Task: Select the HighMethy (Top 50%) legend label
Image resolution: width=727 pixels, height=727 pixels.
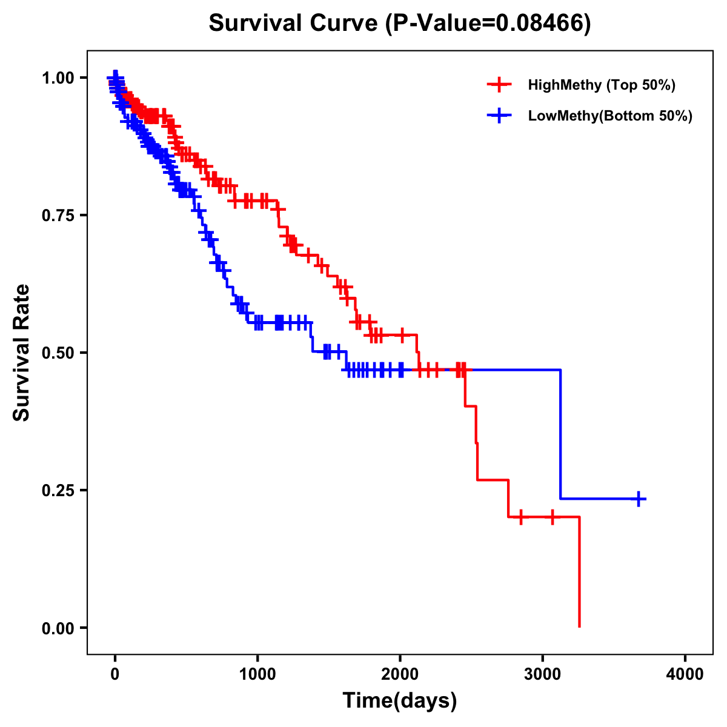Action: click(601, 85)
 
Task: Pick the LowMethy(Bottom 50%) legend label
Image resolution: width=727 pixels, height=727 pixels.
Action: click(609, 116)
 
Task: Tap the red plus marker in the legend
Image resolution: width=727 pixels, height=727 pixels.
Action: click(499, 85)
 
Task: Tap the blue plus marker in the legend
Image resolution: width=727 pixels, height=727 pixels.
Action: click(499, 116)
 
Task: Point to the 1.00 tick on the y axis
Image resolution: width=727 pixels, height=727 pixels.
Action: click(58, 78)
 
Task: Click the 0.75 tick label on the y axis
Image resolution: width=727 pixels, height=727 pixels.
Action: click(58, 216)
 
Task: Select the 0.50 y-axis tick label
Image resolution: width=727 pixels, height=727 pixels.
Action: click(58, 353)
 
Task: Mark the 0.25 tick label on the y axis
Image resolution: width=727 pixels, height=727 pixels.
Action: click(58, 491)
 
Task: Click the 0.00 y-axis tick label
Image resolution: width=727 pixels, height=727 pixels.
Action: click(58, 628)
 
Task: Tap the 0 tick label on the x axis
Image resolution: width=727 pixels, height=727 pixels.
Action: click(115, 674)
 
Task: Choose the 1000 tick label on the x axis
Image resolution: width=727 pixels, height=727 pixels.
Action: click(257, 674)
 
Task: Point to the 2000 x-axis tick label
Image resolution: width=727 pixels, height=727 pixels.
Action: click(400, 674)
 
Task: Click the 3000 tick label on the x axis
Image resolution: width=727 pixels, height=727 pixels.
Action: click(543, 674)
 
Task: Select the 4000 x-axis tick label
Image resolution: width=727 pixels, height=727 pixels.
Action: click(685, 674)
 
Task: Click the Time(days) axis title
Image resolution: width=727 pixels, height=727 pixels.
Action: click(400, 701)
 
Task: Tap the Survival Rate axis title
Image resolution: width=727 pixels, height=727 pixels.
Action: click(22, 353)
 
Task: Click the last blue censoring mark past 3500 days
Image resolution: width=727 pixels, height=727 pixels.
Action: click(639, 499)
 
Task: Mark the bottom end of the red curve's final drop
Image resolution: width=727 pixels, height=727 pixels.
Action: click(579, 626)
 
